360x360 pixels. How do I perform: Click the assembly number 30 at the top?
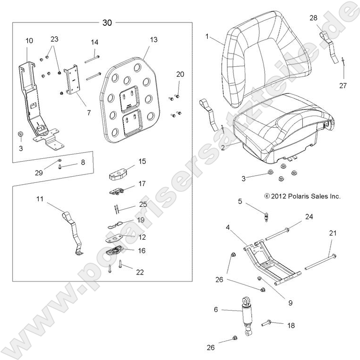coord(107,23)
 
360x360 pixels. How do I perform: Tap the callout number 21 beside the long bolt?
coord(333,234)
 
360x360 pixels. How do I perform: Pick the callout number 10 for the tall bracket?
coord(29,41)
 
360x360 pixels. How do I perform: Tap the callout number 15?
coord(142,161)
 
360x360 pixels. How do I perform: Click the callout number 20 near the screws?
coord(180,74)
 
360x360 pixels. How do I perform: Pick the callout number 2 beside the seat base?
coord(223,147)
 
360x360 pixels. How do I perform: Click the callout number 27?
coord(344,85)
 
